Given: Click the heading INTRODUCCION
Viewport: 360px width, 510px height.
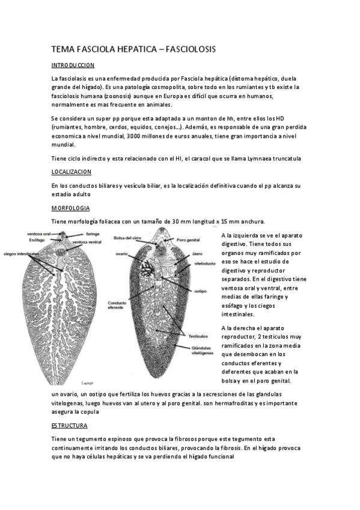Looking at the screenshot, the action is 73,64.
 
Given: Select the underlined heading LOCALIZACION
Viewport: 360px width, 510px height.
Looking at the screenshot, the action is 71,171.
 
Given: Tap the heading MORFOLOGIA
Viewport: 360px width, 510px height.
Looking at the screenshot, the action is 70,207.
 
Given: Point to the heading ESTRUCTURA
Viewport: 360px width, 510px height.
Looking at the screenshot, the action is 69,425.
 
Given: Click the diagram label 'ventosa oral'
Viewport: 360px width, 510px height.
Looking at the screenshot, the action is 38,233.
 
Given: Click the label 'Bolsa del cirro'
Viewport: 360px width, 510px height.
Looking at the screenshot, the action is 127,238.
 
